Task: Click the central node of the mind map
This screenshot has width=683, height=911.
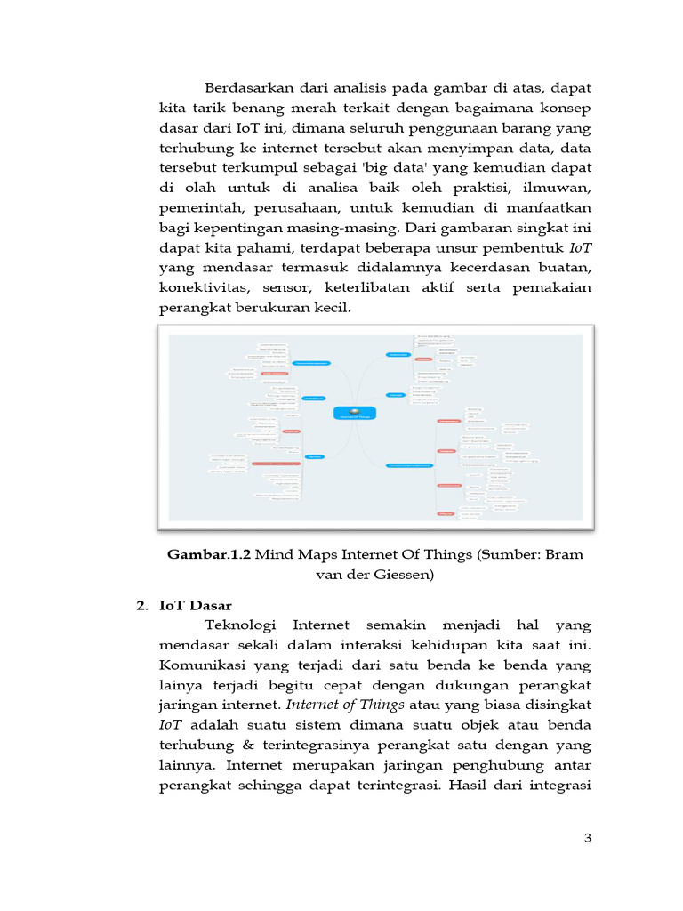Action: click(355, 413)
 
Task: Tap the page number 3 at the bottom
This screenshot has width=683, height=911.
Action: click(587, 838)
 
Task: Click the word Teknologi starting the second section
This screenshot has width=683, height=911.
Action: click(243, 625)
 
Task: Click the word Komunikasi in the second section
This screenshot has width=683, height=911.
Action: click(202, 665)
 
